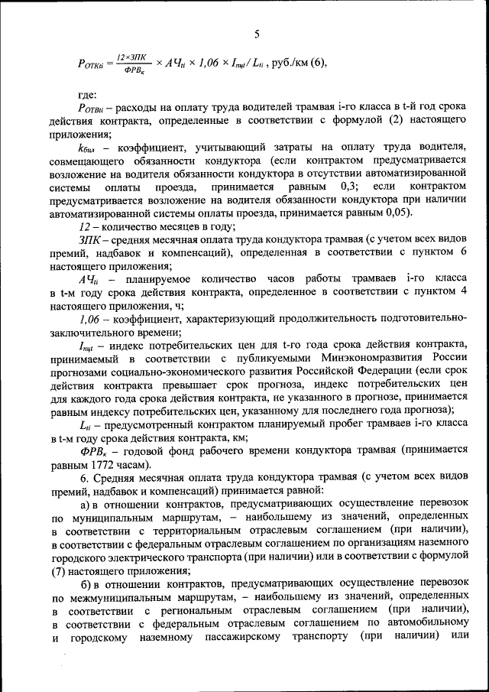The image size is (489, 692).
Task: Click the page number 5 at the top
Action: click(x=257, y=34)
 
